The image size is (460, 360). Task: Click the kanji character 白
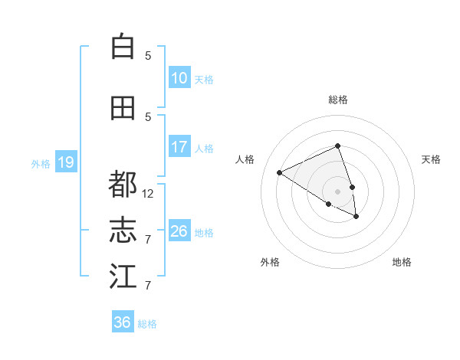pos(123,47)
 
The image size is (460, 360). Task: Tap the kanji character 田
pos(123,108)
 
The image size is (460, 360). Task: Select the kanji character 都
pos(123,185)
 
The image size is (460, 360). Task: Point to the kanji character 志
pos(123,231)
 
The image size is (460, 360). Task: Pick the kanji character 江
pos(123,277)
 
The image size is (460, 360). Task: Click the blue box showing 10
pos(179,78)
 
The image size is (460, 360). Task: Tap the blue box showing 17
pos(179,147)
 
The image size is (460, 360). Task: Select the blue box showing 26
pos(179,231)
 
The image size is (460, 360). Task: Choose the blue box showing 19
pos(65,162)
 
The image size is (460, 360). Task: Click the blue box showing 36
pos(122,322)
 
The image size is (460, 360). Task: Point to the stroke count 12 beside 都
pos(148,194)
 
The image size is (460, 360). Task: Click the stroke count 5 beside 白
pos(148,56)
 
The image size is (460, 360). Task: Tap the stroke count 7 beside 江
pos(148,286)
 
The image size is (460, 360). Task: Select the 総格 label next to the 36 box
pos(147,324)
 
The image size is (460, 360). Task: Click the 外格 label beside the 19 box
pos(40,163)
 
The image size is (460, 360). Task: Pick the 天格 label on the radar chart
pos(432,159)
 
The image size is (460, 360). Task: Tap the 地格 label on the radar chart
pos(402,262)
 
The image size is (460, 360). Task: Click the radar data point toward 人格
pos(280,172)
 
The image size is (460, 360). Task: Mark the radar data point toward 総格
pos(337,146)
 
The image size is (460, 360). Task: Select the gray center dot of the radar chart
pos(337,190)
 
